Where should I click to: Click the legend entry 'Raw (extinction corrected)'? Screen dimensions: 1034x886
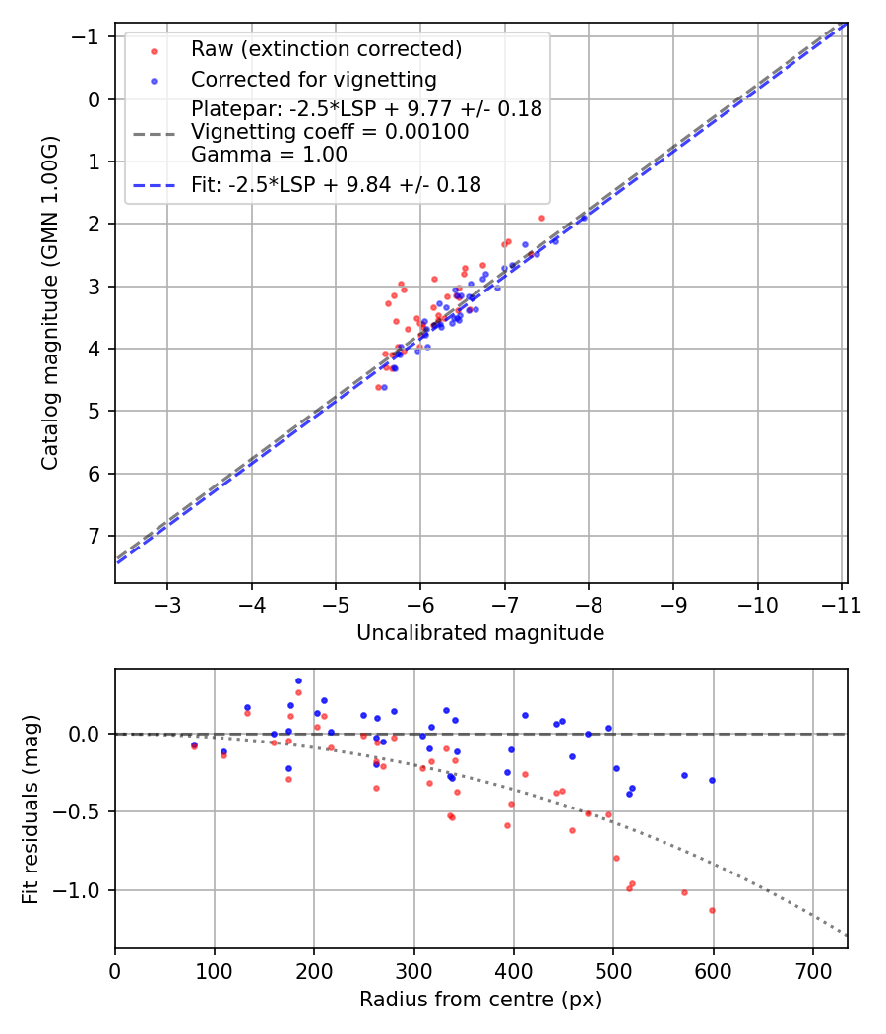coord(326,49)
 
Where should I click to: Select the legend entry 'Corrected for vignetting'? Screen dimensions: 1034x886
coord(313,79)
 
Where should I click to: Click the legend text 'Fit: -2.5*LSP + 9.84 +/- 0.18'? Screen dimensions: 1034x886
coord(336,184)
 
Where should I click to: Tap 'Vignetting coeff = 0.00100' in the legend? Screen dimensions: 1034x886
coord(330,132)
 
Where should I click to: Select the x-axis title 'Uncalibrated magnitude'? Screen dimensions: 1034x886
coord(480,633)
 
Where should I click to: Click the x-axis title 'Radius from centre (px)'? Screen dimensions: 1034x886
coord(480,1000)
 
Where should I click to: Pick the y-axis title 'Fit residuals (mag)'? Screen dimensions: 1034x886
coord(30,808)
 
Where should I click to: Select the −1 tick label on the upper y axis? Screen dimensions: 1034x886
coord(91,36)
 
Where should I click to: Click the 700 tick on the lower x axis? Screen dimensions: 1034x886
coord(812,971)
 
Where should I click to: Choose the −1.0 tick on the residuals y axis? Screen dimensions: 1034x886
coord(84,890)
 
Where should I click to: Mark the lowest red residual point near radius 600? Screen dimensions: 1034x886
coord(712,910)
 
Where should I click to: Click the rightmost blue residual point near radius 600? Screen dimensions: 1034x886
coord(712,780)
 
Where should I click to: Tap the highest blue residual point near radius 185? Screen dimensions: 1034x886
coord(298,680)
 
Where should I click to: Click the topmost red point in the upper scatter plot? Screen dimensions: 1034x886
coord(541,218)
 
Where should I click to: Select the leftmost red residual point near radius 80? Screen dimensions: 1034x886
coord(194,747)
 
